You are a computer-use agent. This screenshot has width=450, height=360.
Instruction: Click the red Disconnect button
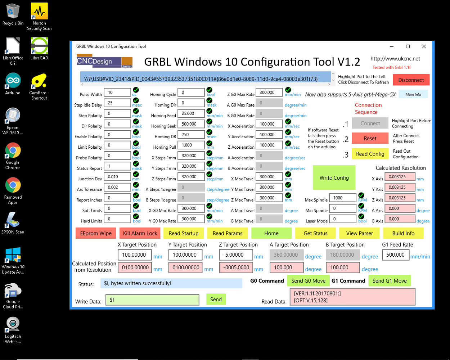tap(411, 80)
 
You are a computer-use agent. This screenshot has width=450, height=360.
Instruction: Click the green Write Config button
tap(334, 177)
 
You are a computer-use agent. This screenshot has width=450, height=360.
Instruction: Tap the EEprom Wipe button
tap(96, 233)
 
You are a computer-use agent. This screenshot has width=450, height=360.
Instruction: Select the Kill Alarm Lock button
tap(140, 233)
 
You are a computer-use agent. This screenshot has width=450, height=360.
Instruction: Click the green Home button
tap(271, 233)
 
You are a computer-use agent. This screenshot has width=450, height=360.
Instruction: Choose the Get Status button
tap(315, 233)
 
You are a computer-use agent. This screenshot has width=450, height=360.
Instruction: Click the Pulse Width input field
tap(117, 93)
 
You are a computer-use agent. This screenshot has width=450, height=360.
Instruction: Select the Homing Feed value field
tap(193, 113)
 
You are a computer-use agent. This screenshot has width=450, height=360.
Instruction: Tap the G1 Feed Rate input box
tap(396, 255)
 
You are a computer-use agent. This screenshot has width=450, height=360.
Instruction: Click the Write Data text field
tap(152, 300)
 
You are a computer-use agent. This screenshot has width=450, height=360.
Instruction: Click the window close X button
tap(424, 46)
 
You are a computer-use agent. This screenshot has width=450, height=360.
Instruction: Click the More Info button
tap(413, 94)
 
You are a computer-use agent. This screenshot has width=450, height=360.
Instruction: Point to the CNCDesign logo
tap(104, 61)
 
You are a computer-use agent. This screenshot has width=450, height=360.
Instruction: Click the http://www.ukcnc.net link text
tap(395, 59)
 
